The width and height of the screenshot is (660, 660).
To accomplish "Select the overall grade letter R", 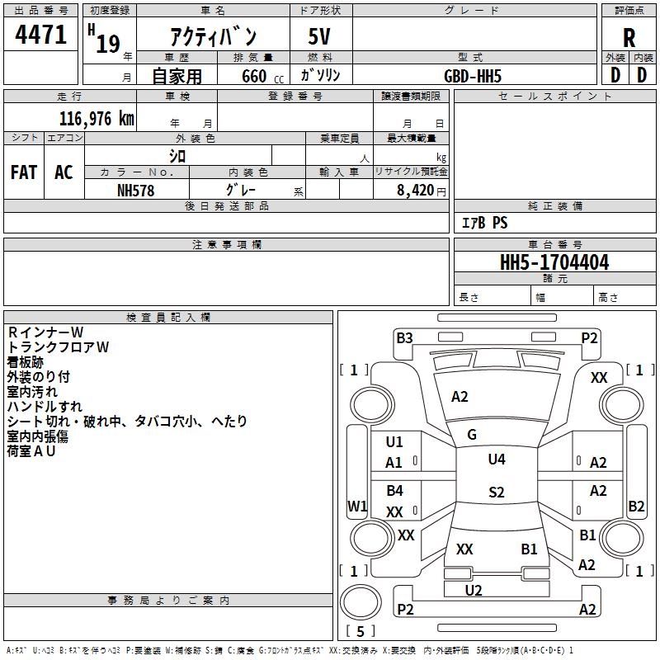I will (x=629, y=38).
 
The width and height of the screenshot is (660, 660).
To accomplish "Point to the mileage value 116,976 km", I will (x=97, y=118).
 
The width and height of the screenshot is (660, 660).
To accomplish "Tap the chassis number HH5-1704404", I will (x=554, y=262).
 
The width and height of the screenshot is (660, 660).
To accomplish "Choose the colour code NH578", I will (x=136, y=190).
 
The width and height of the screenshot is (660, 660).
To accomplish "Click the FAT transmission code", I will (x=23, y=172).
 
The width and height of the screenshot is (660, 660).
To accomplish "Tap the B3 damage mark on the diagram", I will (x=404, y=337).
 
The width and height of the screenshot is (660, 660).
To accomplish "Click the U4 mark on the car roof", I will (x=497, y=460).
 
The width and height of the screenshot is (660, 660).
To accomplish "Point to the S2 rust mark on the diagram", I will (x=497, y=493).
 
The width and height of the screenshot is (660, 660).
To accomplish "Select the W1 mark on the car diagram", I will (x=357, y=506).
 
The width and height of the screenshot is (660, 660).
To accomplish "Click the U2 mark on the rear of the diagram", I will (x=474, y=590).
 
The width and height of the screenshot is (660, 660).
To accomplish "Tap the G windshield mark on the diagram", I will (x=472, y=435).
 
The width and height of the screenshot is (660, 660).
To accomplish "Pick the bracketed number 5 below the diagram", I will (x=361, y=632).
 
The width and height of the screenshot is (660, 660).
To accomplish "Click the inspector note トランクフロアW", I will (x=58, y=347).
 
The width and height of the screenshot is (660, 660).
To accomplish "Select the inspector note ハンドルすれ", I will (x=45, y=407).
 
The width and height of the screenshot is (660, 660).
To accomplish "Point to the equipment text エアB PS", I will (x=484, y=223).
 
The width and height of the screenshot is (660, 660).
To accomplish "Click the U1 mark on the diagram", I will (x=394, y=441).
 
